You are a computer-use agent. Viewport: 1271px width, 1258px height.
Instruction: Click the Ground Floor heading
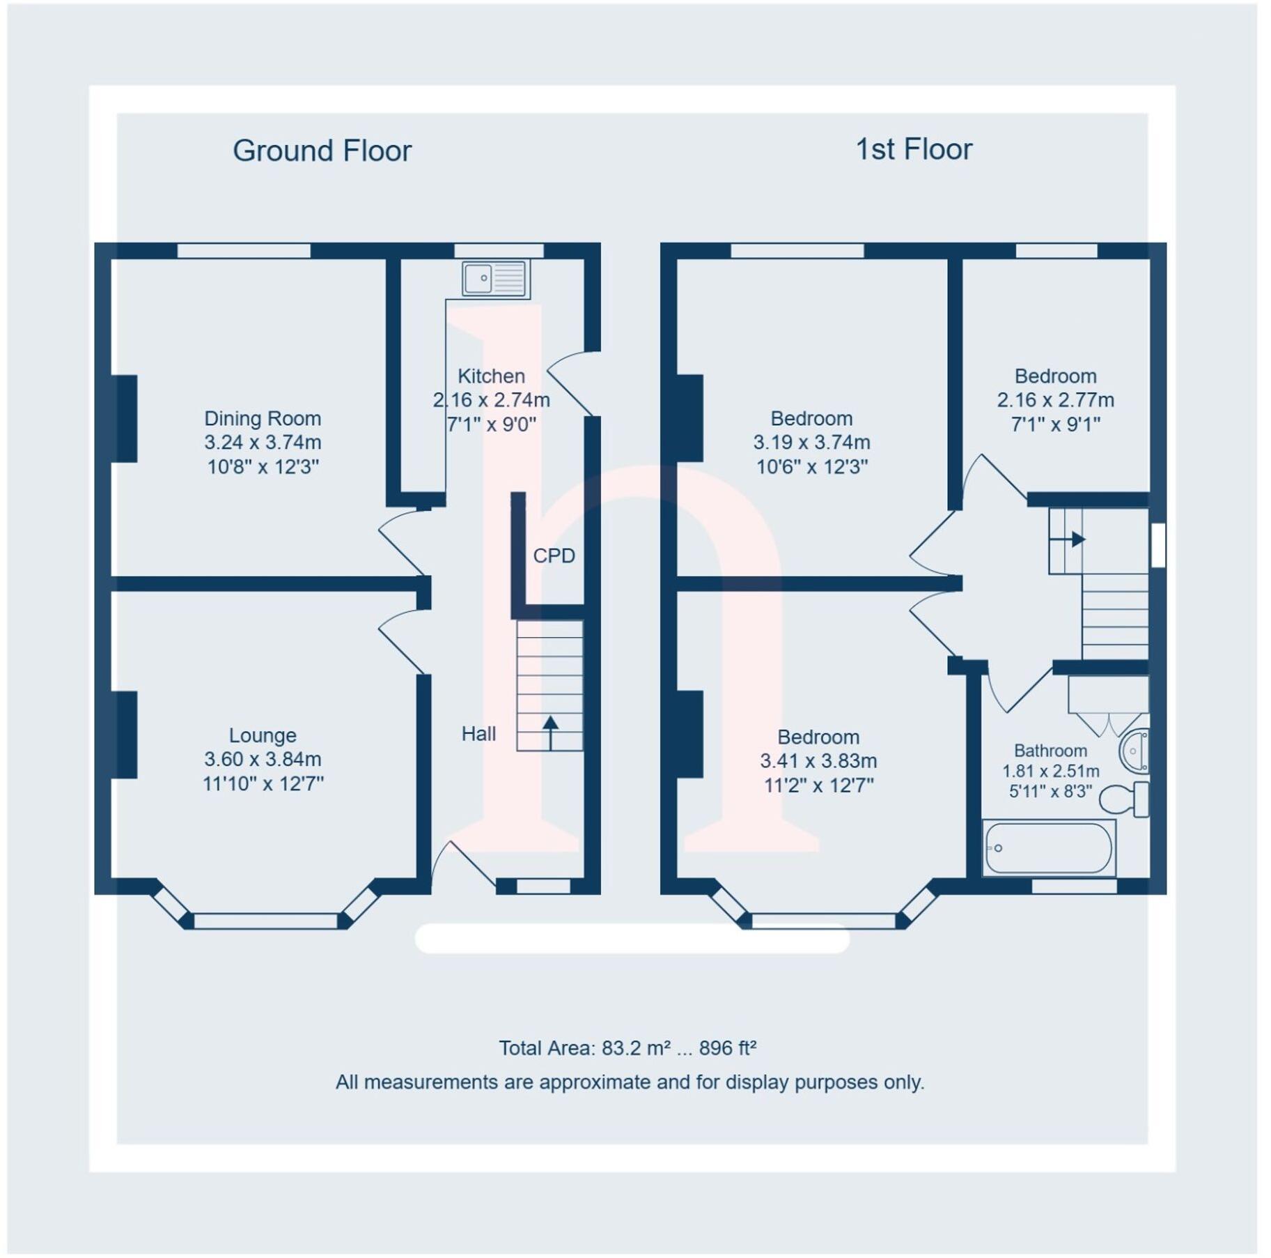tap(322, 151)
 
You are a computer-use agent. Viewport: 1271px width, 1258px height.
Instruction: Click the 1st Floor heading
tap(913, 149)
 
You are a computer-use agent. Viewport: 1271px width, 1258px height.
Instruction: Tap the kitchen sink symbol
tap(494, 278)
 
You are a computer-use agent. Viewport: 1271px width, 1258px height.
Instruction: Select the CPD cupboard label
tap(554, 555)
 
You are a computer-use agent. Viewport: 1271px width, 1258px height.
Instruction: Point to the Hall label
tap(478, 733)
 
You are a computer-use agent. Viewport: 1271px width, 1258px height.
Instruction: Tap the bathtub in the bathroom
tap(1047, 848)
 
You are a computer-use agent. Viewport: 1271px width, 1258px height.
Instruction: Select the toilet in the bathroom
tap(1123, 799)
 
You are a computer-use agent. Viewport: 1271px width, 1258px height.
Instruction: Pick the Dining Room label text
tap(263, 418)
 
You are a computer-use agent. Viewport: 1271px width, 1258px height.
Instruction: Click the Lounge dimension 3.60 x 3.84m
tap(263, 759)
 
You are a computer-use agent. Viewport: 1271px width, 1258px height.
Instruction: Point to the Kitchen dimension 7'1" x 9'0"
tap(491, 424)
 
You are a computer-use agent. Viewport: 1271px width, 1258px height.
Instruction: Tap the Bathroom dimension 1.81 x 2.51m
tap(1050, 771)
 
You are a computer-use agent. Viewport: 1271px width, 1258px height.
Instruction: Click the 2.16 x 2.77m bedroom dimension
tap(1055, 400)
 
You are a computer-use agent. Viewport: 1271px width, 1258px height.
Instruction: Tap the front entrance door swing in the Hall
tap(463, 865)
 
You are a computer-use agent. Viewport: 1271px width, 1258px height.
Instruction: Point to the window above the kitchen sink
tap(499, 250)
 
